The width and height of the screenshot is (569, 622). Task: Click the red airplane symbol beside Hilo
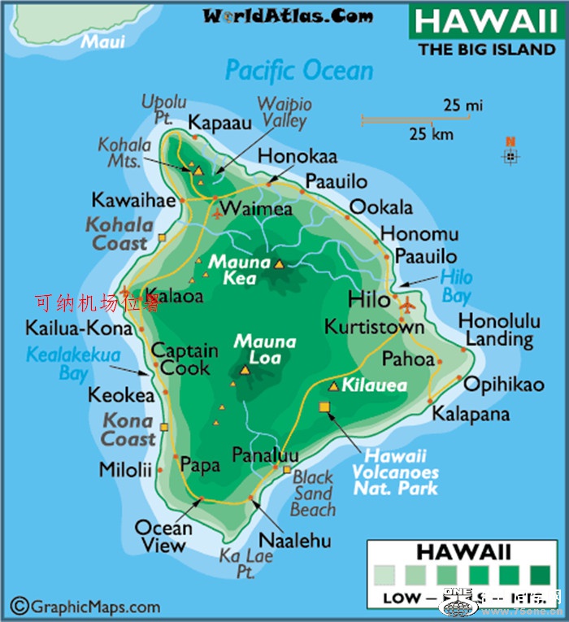pyautogui.click(x=407, y=306)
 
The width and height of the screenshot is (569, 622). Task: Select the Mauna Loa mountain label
pyautogui.click(x=264, y=350)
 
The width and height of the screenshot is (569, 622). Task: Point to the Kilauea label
pyautogui.click(x=374, y=387)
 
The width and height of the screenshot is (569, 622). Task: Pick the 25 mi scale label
pyautogui.click(x=463, y=106)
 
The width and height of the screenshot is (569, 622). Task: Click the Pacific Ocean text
pyautogui.click(x=299, y=71)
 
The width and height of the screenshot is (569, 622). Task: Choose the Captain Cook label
pyautogui.click(x=185, y=359)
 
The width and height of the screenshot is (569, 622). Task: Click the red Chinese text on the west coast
pyautogui.click(x=98, y=304)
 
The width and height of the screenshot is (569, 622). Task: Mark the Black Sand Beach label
pyautogui.click(x=314, y=494)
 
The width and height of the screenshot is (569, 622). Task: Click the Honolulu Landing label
pyautogui.click(x=499, y=329)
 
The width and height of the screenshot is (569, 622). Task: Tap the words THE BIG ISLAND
pyautogui.click(x=487, y=50)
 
